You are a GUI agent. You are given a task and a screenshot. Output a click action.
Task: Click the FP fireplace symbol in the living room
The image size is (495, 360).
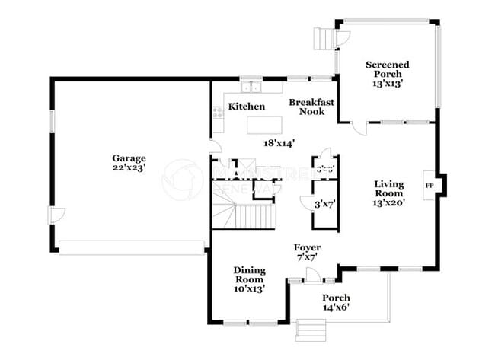429,184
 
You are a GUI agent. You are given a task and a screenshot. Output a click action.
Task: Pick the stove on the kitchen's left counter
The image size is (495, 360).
217,113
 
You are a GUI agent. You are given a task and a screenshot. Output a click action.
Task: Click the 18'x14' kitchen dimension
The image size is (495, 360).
279,142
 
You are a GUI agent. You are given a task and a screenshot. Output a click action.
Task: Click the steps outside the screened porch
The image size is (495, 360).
325,37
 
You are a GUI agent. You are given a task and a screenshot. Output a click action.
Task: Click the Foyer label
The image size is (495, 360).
308,248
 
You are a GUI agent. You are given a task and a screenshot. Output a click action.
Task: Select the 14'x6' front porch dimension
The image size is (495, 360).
336,307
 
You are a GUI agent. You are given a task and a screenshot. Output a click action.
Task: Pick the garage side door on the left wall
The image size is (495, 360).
53,216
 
